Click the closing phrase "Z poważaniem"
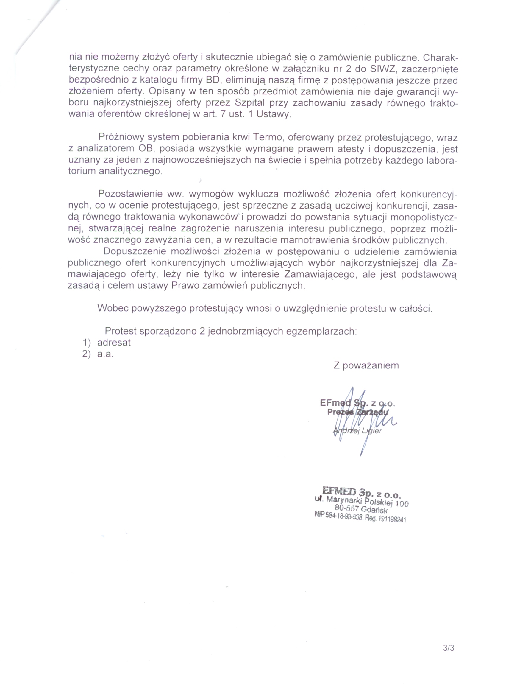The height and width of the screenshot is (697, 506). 366,365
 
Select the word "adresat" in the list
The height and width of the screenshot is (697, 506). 114,342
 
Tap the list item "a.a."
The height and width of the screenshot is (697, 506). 105,354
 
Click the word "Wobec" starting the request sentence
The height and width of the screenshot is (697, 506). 113,308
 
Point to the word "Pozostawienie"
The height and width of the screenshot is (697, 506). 130,194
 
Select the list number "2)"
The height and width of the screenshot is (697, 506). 87,354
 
